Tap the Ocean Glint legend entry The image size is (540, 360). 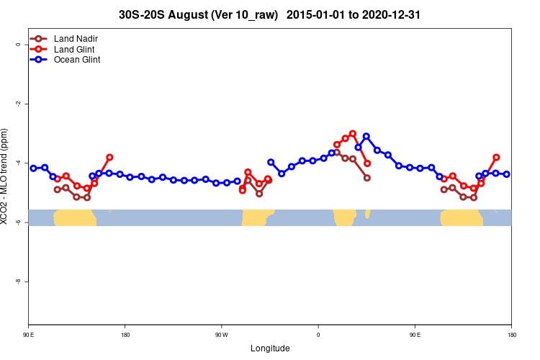click(x=77, y=60)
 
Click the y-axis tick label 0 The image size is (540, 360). click(x=18, y=44)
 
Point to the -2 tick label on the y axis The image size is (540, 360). click(x=18, y=104)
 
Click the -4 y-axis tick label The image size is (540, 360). click(x=18, y=163)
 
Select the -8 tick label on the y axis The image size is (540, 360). click(x=18, y=282)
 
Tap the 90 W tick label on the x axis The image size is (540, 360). click(x=221, y=335)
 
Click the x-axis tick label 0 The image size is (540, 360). click(x=318, y=335)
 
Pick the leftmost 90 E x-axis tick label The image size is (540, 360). click(x=29, y=335)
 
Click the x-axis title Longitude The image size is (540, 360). click(x=270, y=348)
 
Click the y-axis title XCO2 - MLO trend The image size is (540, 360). click(x=6, y=176)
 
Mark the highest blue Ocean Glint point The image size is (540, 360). click(x=366, y=136)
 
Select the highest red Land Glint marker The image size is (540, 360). click(x=353, y=133)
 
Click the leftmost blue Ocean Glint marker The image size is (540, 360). click(x=33, y=168)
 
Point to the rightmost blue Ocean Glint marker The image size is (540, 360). click(x=507, y=174)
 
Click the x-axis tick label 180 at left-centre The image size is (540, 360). click(x=125, y=335)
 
